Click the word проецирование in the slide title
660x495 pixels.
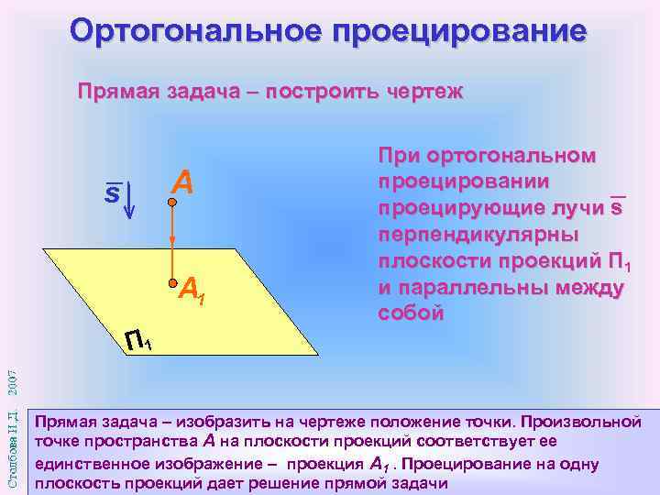(459, 32)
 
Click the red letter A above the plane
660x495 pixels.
(182, 183)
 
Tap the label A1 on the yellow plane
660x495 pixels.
(191, 291)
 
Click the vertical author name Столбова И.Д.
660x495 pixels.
(12, 446)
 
